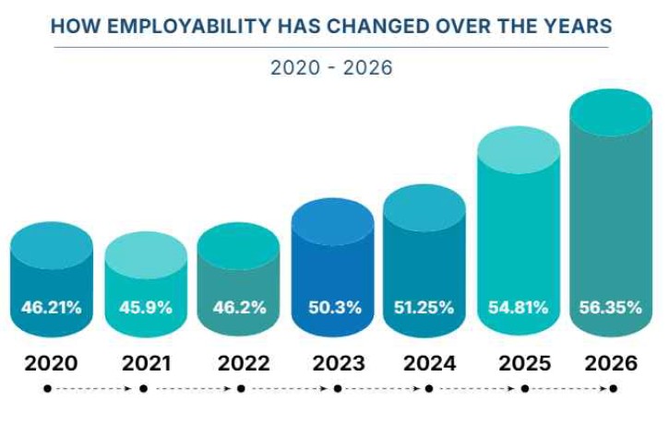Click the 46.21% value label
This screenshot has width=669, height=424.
[x=52, y=307]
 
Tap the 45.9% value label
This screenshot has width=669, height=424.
[x=146, y=307]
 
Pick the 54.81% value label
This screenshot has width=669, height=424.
[x=518, y=307]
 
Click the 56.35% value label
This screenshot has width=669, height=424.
[x=611, y=307]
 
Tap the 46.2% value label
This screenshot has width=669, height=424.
[x=239, y=307]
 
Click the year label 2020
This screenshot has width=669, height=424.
[x=51, y=363]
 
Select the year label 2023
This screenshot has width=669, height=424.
[x=333, y=363]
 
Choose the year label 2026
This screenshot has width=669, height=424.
[x=610, y=363]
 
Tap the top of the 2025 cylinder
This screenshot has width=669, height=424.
[x=518, y=150]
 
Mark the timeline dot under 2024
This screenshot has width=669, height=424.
[x=429, y=389]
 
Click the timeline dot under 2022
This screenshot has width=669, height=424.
[x=241, y=389]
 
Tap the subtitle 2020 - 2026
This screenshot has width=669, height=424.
[x=331, y=68]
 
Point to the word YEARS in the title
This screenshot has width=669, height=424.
[x=578, y=25]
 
